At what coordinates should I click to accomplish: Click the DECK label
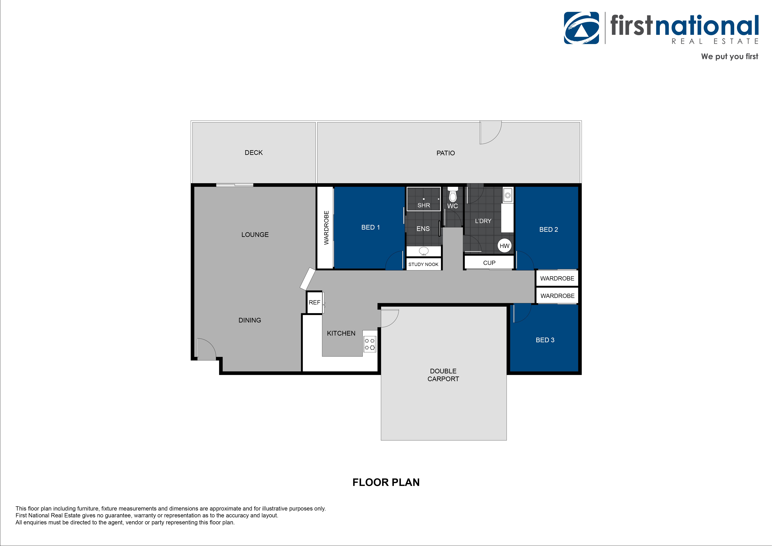click(254, 153)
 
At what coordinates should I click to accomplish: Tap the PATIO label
click(446, 153)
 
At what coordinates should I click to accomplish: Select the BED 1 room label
click(371, 227)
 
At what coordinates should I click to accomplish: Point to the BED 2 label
click(548, 229)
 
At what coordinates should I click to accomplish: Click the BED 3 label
click(545, 340)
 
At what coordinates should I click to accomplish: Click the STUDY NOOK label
click(423, 264)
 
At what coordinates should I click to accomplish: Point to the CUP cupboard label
click(489, 263)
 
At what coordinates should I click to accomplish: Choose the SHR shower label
click(424, 205)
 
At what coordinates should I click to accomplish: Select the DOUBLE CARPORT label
click(443, 375)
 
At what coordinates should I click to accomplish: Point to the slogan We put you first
click(729, 56)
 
